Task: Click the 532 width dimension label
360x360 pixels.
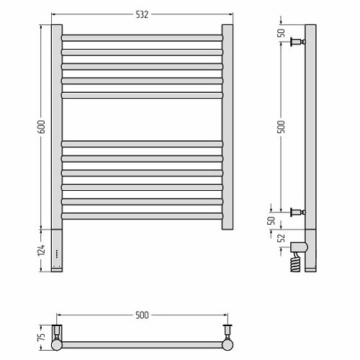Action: (x=142, y=14)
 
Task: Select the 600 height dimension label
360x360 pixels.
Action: (x=41, y=127)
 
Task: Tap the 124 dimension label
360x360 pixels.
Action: (x=41, y=250)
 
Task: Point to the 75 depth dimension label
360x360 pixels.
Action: (x=42, y=337)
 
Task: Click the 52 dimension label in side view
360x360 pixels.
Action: (x=281, y=238)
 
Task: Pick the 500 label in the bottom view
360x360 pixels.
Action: (x=142, y=315)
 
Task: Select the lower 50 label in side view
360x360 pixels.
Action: (x=271, y=220)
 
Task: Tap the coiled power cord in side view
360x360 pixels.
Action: (x=295, y=262)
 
